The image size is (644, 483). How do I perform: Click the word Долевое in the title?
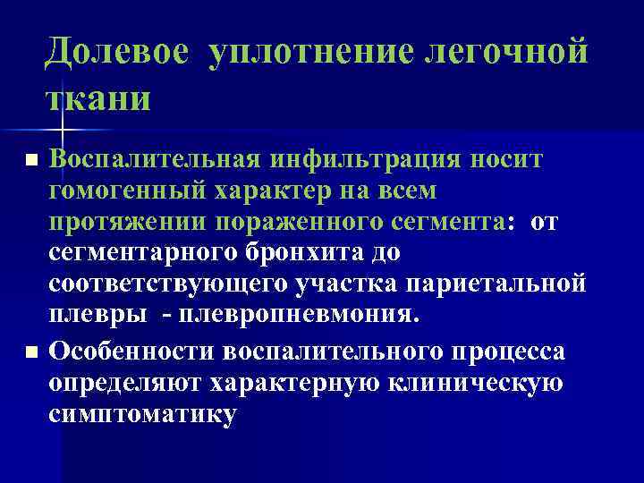tap(117, 51)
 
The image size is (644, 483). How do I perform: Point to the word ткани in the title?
tap(99, 97)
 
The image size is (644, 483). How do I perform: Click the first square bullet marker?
tap(31, 161)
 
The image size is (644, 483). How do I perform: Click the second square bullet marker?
tap(31, 354)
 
